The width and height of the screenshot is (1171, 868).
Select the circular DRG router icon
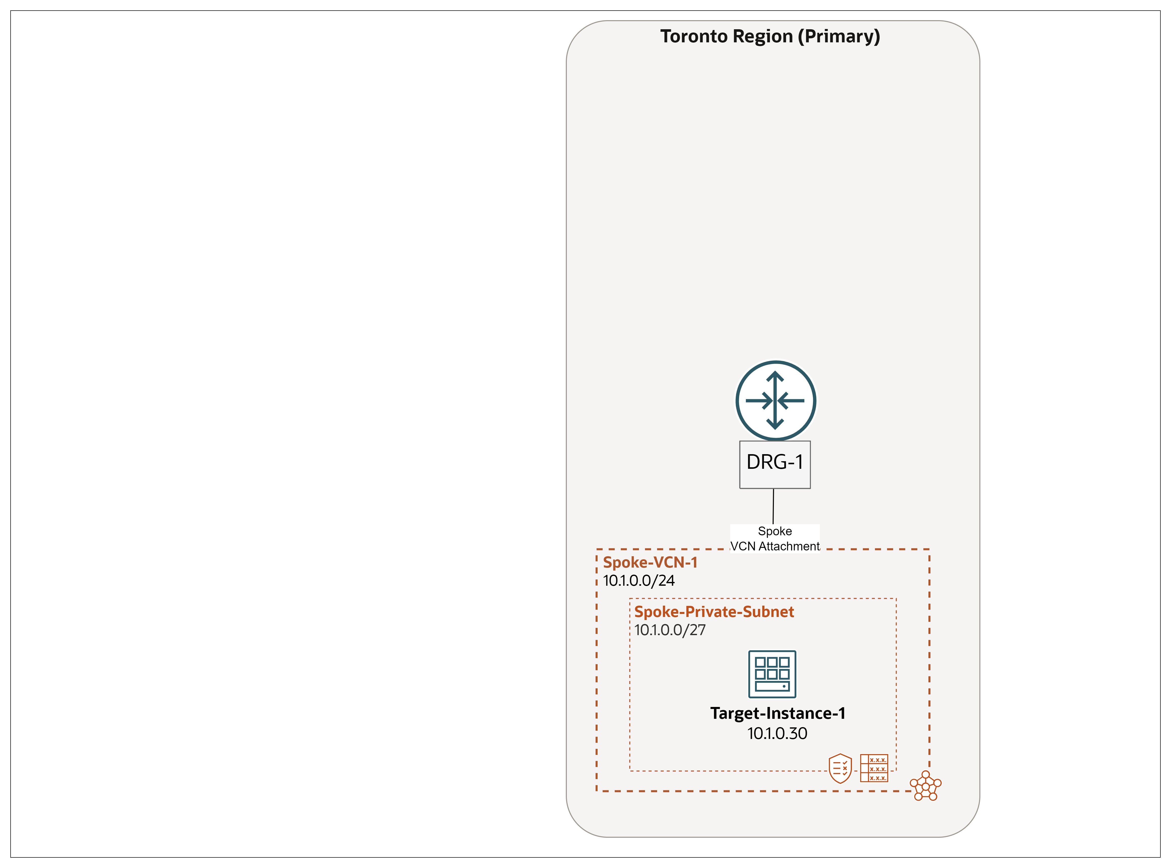click(775, 400)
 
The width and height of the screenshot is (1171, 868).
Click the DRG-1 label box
click(775, 464)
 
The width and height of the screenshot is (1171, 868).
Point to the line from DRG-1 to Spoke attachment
click(773, 507)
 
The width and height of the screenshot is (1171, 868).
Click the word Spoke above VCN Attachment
click(775, 531)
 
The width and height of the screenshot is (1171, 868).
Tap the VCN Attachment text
click(775, 546)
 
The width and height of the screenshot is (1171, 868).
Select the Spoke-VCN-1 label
click(650, 563)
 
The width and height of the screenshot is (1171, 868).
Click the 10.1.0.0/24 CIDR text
click(639, 581)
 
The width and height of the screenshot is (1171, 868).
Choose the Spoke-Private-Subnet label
click(714, 612)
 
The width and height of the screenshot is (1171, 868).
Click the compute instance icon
click(772, 674)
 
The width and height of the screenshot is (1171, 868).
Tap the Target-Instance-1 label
click(778, 714)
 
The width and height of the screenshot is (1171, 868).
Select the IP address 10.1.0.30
click(777, 733)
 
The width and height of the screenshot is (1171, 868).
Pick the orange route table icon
click(874, 768)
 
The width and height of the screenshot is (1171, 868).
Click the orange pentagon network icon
click(926, 786)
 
